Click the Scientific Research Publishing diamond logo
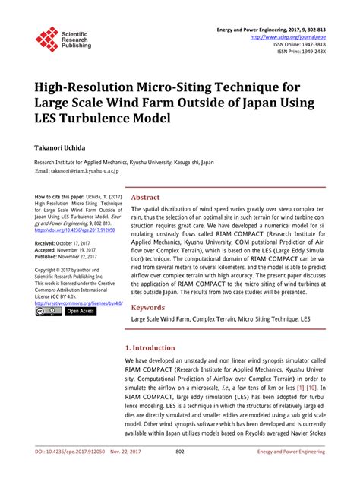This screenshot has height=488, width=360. tap(47, 39)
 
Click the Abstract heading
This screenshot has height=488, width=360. tap(146, 197)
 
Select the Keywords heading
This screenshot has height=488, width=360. tap(148, 307)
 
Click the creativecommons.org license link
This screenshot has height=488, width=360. tap(79, 303)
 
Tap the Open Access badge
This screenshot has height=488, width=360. tap(81, 312)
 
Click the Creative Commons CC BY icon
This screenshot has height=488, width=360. tap(49, 312)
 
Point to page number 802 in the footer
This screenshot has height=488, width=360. tap(180, 472)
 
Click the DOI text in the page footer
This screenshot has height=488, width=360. tap(63, 472)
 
